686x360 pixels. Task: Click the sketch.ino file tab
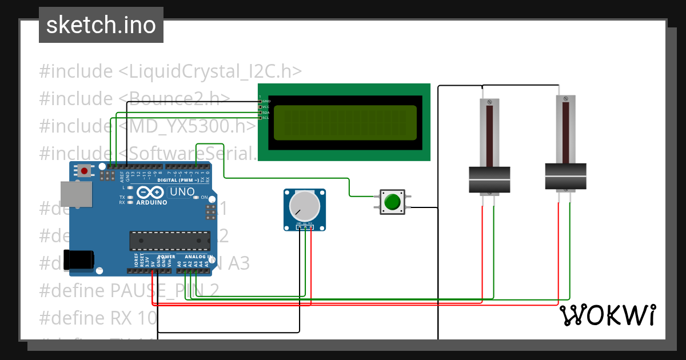point(101,25)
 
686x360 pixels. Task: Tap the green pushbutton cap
point(392,202)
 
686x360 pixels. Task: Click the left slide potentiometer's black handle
point(489,179)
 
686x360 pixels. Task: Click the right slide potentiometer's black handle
point(565,177)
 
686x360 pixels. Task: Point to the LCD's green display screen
point(345,123)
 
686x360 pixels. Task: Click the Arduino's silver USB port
point(76,195)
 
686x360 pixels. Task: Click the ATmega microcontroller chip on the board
point(169,241)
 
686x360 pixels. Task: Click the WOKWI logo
point(607,315)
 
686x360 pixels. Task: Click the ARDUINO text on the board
point(151,202)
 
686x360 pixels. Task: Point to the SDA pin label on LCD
point(265,113)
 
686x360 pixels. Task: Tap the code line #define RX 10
point(98,318)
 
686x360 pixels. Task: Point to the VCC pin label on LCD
point(265,107)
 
